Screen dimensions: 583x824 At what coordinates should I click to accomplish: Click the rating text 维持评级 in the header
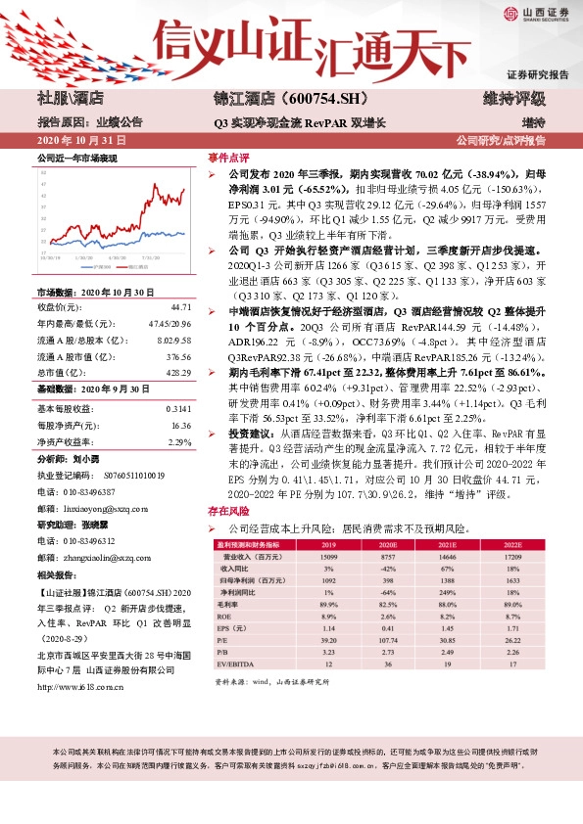[x=532, y=99]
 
